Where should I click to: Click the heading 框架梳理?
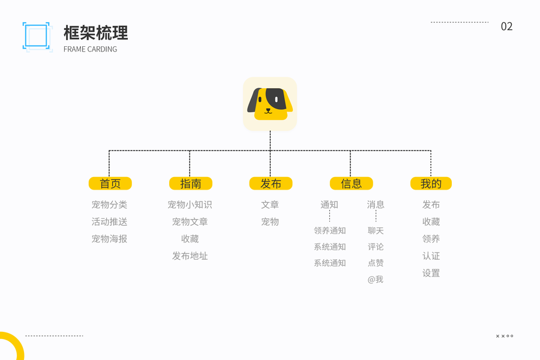coord(96,32)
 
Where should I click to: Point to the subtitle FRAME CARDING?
coord(90,49)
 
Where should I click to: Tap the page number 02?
coord(507,26)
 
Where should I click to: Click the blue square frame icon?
coord(37,36)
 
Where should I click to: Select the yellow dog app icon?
coord(270,104)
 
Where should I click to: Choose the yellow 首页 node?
coord(110,184)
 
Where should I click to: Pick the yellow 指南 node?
coord(190,184)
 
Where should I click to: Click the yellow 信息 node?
coord(351,184)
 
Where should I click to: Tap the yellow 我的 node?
coord(431,184)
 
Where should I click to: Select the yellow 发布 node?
coord(271,184)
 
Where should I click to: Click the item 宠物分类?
coord(109,205)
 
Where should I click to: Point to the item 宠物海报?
coord(109,239)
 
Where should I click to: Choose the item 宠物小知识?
coord(190,205)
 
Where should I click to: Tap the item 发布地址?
coord(190,256)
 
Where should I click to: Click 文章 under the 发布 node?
coord(270,205)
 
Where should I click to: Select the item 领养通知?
coord(329,231)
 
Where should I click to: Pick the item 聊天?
coord(376,231)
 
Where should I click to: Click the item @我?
coord(376,280)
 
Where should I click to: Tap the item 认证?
coord(431,256)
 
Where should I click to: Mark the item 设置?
coord(431,273)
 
